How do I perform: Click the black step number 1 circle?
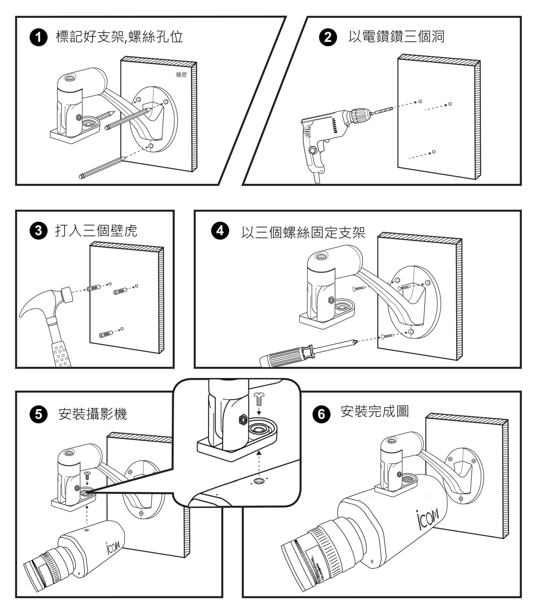[x=38, y=38]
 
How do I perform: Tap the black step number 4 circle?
[x=220, y=230]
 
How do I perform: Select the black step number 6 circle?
[x=321, y=414]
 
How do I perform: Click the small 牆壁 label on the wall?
[x=181, y=74]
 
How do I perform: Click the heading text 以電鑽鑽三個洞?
[x=396, y=37]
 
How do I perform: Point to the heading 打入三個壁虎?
[x=96, y=231]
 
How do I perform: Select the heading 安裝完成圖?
[x=375, y=411]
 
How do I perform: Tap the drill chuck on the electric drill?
[x=361, y=116]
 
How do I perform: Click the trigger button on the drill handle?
[x=313, y=150]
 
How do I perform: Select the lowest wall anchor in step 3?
[x=106, y=334]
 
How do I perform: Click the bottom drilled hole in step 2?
[x=433, y=152]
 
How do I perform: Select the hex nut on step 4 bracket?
[x=331, y=299]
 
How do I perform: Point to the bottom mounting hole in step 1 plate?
[x=151, y=146]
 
